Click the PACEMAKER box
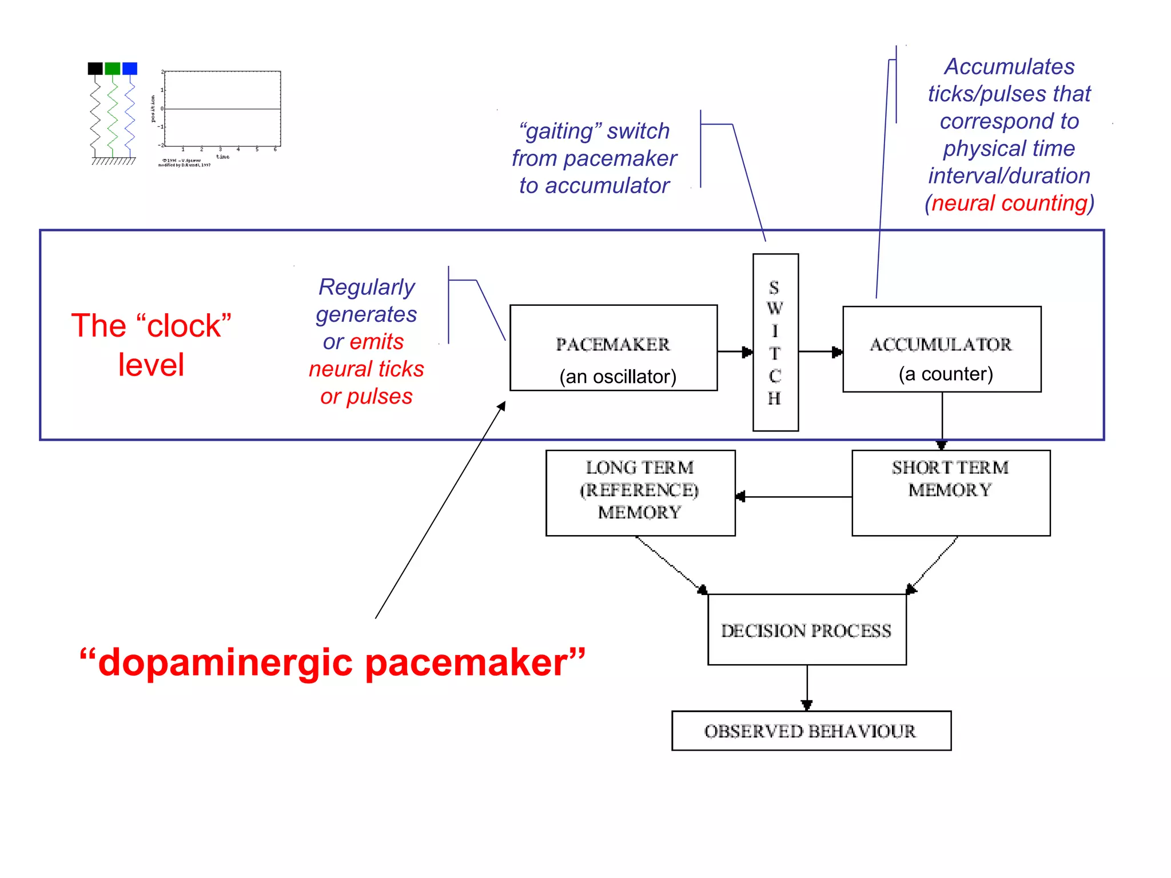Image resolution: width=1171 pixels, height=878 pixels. (x=613, y=348)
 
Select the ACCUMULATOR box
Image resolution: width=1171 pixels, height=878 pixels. (x=941, y=349)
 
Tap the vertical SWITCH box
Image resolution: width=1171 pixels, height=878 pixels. (x=775, y=342)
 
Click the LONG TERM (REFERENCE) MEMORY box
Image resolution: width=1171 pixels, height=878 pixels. (x=640, y=492)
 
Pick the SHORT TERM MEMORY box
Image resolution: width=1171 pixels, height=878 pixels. (x=950, y=492)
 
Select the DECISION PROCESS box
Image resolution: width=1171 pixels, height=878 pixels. (x=806, y=629)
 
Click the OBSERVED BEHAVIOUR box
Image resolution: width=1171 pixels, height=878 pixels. (x=810, y=731)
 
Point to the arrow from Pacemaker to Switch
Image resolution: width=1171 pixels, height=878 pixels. (x=735, y=352)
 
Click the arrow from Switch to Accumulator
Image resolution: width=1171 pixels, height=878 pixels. (x=821, y=352)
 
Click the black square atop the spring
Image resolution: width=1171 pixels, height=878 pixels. (x=95, y=69)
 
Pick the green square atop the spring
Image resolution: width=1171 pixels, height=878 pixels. (x=113, y=69)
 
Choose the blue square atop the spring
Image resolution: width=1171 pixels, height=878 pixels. (x=130, y=69)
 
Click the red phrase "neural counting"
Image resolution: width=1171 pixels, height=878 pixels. (x=1010, y=203)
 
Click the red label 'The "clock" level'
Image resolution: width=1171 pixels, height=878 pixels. (x=151, y=344)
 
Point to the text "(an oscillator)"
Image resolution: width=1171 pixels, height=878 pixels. (x=618, y=376)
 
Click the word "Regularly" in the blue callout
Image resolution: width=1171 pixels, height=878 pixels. (x=367, y=286)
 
